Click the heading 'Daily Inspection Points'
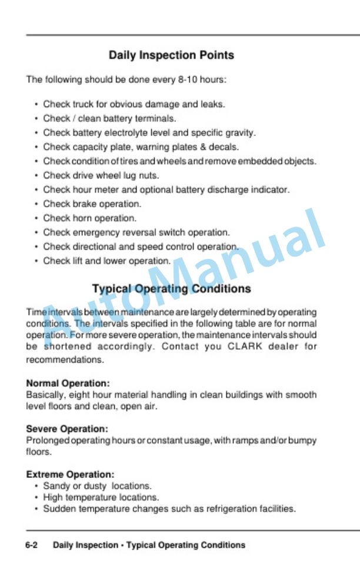[x=171, y=55]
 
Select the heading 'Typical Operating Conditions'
[x=171, y=289]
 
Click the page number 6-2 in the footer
[x=32, y=545]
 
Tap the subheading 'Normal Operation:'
[x=68, y=383]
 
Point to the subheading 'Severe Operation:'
[x=67, y=429]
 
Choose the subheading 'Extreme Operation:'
[x=70, y=474]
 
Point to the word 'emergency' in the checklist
[x=95, y=232]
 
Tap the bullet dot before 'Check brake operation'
[x=36, y=204]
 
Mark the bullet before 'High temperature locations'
[x=36, y=497]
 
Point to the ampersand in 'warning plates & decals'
[x=202, y=147]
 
